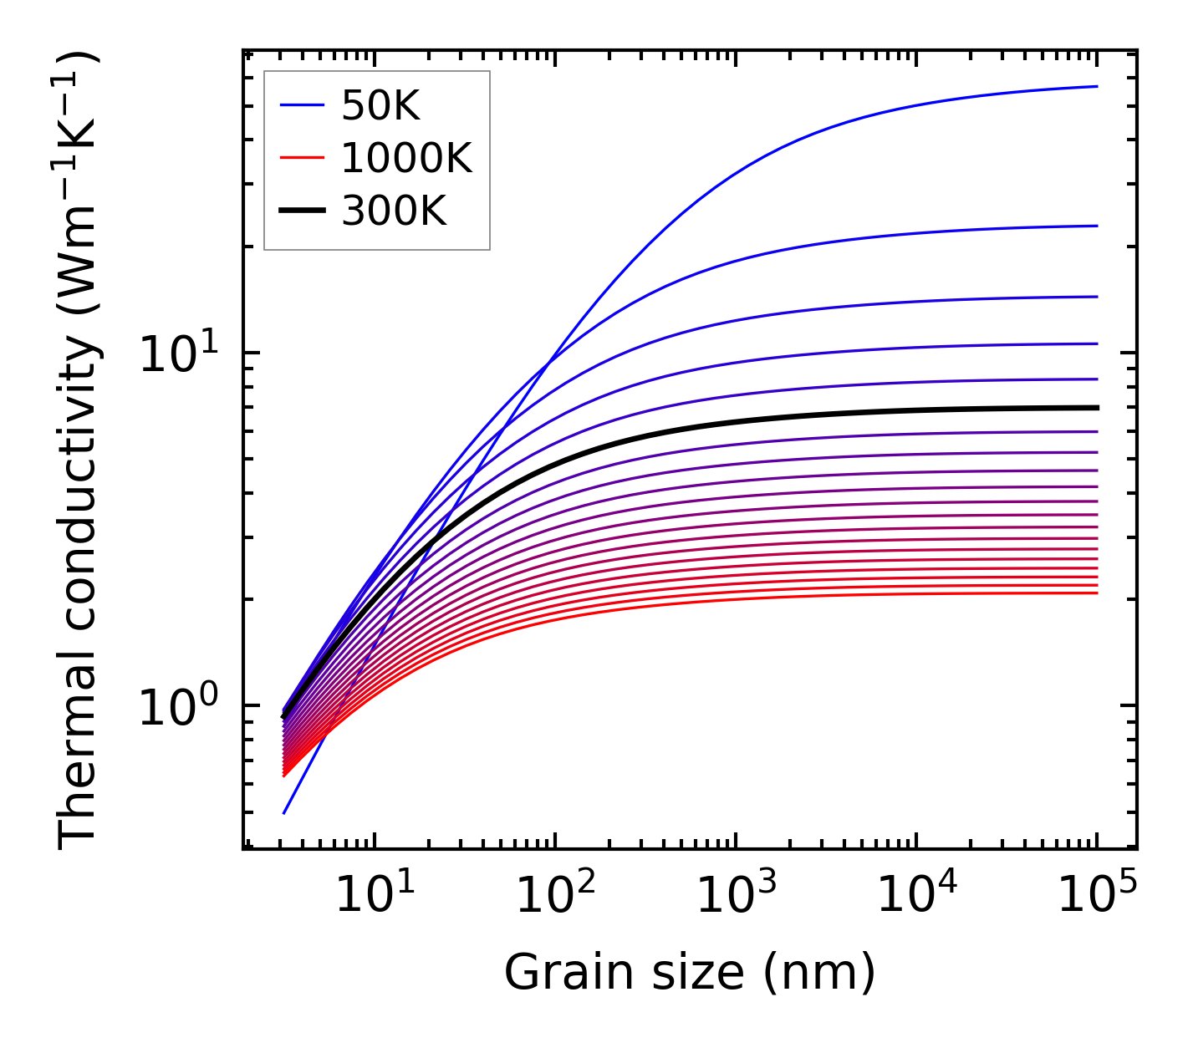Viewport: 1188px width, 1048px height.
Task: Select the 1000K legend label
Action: tap(406, 158)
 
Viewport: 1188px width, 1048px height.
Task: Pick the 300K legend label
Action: tap(394, 211)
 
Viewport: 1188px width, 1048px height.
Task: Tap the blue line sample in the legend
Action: tap(301, 105)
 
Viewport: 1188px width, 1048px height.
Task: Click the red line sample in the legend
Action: tap(301, 158)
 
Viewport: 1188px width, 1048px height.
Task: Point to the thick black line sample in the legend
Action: tap(301, 211)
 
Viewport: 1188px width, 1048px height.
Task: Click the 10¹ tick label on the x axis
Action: tap(375, 898)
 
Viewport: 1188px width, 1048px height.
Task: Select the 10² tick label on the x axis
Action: tap(555, 898)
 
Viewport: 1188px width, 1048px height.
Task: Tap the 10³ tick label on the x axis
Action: tap(736, 898)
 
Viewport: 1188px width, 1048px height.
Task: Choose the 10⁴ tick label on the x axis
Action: tap(916, 898)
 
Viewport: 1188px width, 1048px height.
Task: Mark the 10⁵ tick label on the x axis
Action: tap(1097, 898)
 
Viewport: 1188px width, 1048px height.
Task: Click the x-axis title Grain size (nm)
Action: tap(690, 974)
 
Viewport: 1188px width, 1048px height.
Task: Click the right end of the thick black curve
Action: tap(1096, 408)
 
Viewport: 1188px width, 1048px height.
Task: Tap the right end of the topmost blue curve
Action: tap(1096, 86)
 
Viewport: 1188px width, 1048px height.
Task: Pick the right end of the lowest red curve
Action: tap(1096, 593)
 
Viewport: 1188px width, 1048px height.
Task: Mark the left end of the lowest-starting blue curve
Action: tap(284, 812)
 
